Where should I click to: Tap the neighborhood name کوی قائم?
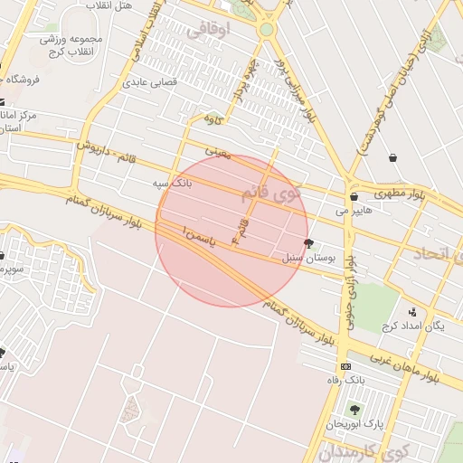click(x=272, y=193)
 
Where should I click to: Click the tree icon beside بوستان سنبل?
click(x=310, y=243)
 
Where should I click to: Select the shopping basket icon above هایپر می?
click(x=353, y=195)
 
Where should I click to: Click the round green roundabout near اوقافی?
click(x=266, y=30)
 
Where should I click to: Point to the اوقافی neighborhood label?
click(x=210, y=30)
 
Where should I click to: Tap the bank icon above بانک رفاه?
click(x=345, y=366)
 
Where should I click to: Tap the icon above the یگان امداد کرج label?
click(x=412, y=311)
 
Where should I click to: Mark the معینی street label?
click(x=219, y=155)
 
